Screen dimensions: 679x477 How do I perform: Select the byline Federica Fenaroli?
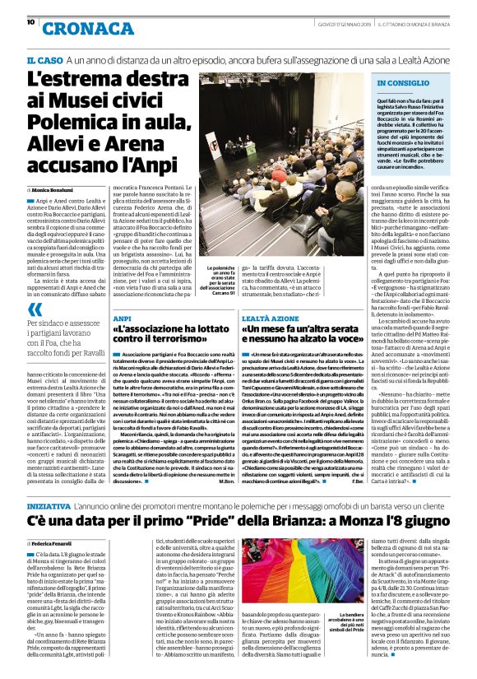click(54, 521)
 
